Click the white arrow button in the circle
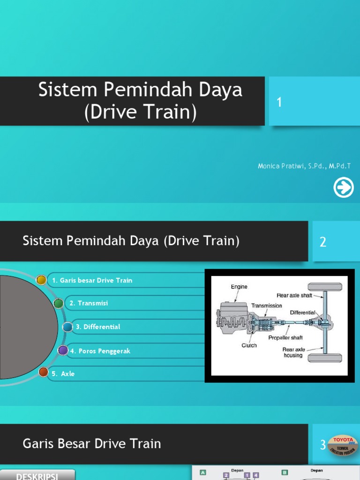click(344, 188)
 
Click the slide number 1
click(279, 102)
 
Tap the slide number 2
click(322, 242)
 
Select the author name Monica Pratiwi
click(304, 166)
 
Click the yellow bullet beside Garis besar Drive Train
click(41, 280)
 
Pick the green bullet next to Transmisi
click(58, 303)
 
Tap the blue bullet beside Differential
click(67, 327)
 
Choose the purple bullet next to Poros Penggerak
click(63, 350)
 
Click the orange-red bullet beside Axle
click(43, 373)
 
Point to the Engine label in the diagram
click(239, 286)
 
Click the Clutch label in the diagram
click(249, 345)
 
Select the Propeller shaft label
click(285, 337)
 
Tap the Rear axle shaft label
click(294, 295)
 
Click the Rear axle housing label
click(293, 352)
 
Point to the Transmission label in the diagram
click(266, 305)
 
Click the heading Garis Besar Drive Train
click(92, 443)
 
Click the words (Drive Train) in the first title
click(141, 112)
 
